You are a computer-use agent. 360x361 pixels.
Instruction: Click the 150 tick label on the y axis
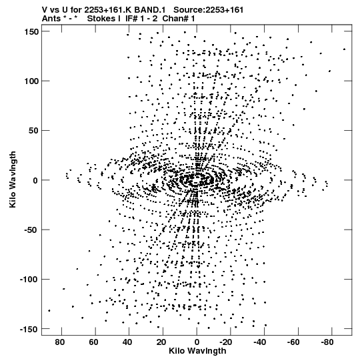31,32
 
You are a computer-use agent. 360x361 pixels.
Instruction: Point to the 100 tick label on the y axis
31,81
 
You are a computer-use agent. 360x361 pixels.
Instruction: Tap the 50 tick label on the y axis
33,131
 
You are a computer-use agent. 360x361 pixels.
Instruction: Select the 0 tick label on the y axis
35,180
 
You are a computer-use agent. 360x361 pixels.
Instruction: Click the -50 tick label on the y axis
31,230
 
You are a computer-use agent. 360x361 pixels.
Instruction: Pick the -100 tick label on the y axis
29,280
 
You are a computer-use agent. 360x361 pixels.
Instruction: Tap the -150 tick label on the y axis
29,329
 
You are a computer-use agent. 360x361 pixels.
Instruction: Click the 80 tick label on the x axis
60,342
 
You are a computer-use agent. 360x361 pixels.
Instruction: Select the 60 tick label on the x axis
94,342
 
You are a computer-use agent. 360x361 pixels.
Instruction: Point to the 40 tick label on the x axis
128,342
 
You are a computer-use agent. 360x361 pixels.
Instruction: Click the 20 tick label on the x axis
161,342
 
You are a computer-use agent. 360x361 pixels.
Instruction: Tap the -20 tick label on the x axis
225,342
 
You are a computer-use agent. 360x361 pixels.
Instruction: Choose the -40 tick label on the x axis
259,342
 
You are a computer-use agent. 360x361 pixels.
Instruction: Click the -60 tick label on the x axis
293,342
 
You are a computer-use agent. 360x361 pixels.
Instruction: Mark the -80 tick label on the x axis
327,342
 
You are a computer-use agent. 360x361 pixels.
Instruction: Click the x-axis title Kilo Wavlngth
197,351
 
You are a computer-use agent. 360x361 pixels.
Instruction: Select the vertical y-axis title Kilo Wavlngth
13,179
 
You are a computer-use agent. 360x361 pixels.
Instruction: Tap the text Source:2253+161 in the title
209,10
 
